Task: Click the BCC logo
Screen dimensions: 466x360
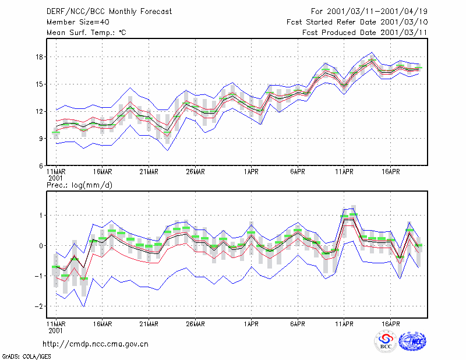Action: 386,341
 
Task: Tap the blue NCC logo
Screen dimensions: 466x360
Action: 412,341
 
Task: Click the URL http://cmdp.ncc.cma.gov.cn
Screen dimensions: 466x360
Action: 96,344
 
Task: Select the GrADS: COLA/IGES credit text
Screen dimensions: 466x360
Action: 26,357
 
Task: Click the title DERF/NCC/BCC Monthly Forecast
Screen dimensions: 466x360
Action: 109,12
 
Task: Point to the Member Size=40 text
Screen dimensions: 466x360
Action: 78,22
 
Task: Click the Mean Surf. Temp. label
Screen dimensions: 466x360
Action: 86,33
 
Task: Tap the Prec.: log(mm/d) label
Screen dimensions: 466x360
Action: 79,185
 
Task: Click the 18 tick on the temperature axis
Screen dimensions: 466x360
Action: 39,57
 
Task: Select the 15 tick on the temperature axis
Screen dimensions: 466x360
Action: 39,84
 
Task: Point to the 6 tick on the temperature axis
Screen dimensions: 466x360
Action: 41,166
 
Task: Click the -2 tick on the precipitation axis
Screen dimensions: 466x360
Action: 38,306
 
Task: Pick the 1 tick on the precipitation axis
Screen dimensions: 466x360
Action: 41,215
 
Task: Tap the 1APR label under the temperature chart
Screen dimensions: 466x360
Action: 251,172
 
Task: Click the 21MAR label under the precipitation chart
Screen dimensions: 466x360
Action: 149,324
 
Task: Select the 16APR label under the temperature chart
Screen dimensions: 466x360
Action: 390,172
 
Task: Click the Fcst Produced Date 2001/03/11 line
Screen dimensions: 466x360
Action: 365,33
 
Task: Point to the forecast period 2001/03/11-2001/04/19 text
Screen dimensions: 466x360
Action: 377,12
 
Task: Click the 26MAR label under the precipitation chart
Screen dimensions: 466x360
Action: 195,324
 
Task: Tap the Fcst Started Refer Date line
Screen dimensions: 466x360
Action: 357,22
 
